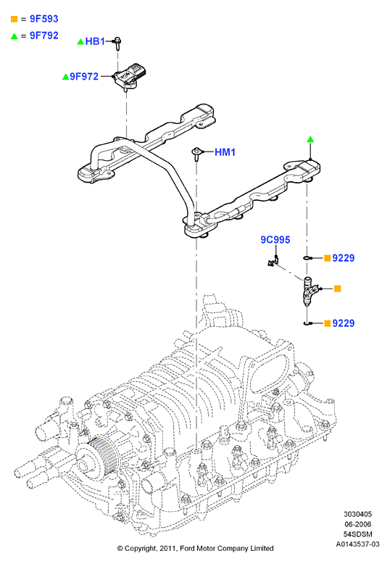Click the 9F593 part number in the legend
(x=44, y=19)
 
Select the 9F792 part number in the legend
(x=44, y=36)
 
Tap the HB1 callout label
(x=95, y=41)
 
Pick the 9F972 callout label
(x=84, y=76)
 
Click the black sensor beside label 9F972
(x=130, y=76)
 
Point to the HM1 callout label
(x=225, y=152)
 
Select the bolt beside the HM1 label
(x=196, y=154)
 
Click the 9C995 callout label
(x=275, y=239)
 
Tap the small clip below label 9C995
(x=273, y=261)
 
